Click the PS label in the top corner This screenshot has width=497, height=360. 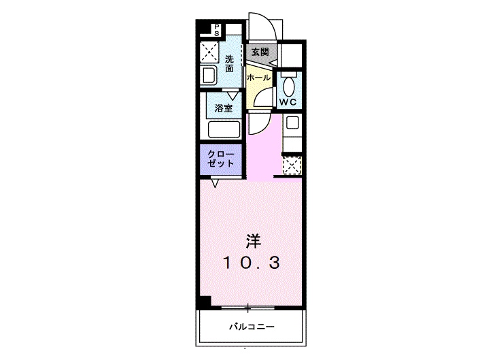[x=217, y=30]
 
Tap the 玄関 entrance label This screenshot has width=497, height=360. [x=260, y=52]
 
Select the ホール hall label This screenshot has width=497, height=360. [x=258, y=78]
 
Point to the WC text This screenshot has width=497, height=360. [x=288, y=102]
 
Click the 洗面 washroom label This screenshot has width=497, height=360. [x=229, y=64]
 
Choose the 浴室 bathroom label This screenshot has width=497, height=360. [x=224, y=108]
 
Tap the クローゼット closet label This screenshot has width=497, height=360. [x=221, y=159]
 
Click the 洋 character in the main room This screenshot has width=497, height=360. [x=254, y=242]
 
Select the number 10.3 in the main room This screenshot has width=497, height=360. [x=252, y=263]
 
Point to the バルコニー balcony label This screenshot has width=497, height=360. [x=252, y=327]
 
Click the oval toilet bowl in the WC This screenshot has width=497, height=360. [x=288, y=86]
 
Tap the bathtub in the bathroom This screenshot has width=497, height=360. [x=224, y=129]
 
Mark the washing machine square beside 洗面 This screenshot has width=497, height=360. [x=209, y=52]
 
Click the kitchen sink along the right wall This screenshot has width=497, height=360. [x=292, y=122]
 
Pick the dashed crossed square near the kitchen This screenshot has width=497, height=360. [x=292, y=165]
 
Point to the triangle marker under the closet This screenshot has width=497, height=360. [x=215, y=183]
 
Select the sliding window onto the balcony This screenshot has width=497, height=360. [x=248, y=308]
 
